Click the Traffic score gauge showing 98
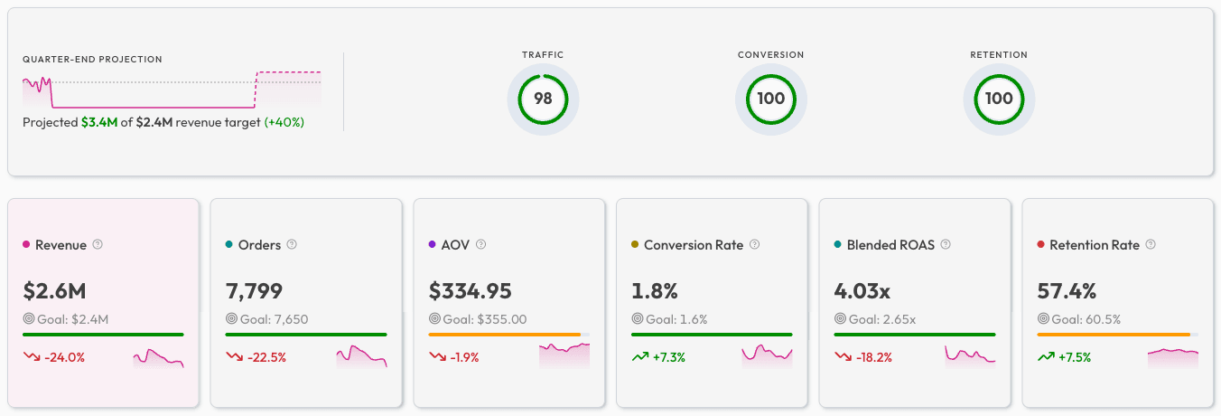543,99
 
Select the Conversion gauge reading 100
770,99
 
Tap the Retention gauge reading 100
999,99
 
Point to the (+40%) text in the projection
284,122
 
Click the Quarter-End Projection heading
92,60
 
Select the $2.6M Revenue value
54,290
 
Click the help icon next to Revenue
98,244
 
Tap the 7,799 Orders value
254,290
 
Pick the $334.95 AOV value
470,290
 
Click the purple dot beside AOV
433,245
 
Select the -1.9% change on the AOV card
461,357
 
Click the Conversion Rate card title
693,245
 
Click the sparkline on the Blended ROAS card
970,355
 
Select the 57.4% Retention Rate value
1067,290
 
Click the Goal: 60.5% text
1086,319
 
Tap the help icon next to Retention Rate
1151,244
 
